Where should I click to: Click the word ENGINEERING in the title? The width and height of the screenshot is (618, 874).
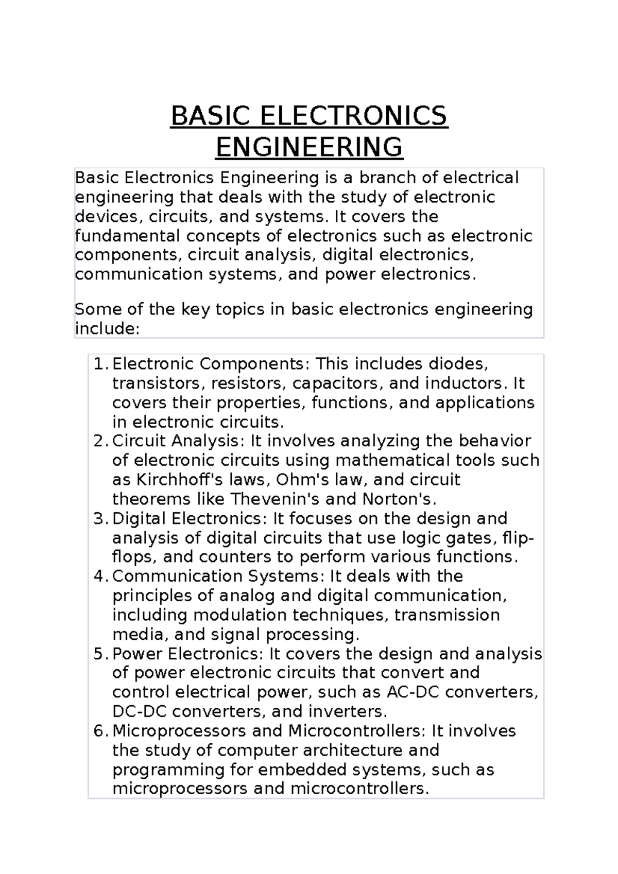click(x=309, y=147)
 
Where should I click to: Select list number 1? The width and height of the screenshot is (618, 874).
click(x=100, y=364)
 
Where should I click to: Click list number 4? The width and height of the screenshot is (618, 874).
click(x=100, y=576)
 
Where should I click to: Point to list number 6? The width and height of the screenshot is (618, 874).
click(x=100, y=731)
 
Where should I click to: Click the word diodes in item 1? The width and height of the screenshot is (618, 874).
click(x=455, y=364)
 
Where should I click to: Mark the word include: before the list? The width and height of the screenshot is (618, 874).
click(x=107, y=328)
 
